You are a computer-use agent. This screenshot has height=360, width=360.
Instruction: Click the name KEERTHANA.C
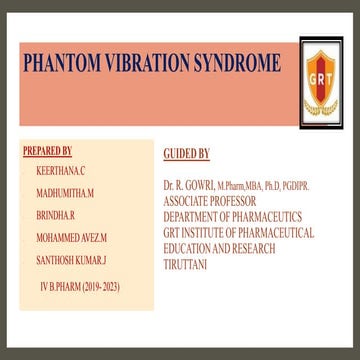tap(60, 172)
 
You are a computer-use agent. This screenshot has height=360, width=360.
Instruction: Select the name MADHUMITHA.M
tap(65, 191)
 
